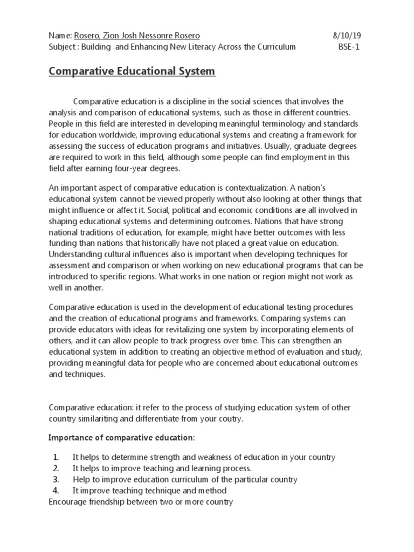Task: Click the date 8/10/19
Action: pos(346,36)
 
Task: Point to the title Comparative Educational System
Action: pos(132,71)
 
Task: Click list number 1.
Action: pos(56,457)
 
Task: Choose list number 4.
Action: pos(56,491)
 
